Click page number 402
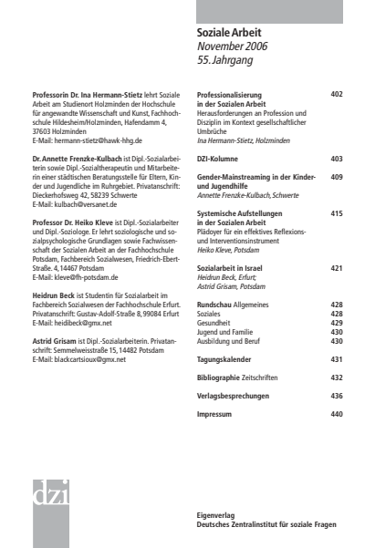pyautogui.click(x=337, y=94)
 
